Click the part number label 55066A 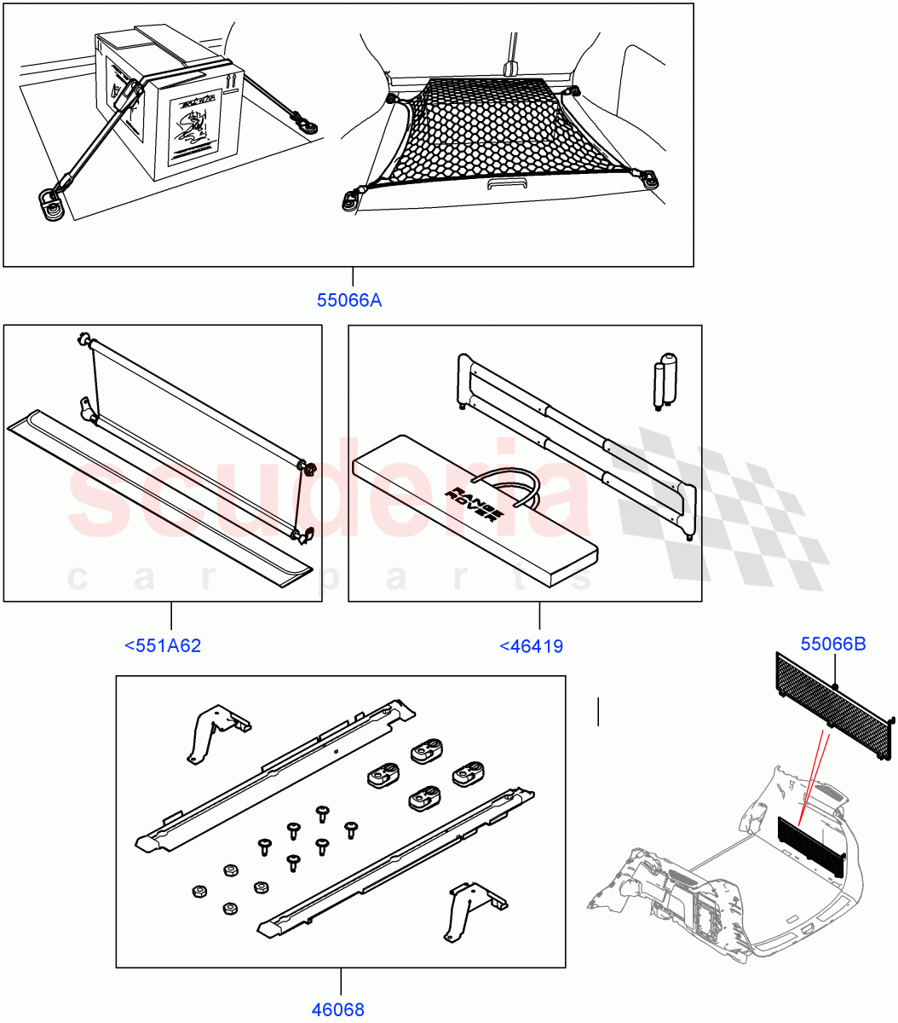click(x=349, y=300)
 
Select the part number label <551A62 click(x=163, y=645)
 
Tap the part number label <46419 click(x=531, y=646)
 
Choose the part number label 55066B click(x=832, y=644)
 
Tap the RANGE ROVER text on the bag click(x=463, y=503)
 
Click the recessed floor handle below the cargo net click(x=508, y=184)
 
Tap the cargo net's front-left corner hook click(x=352, y=199)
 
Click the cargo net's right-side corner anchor click(x=651, y=178)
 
